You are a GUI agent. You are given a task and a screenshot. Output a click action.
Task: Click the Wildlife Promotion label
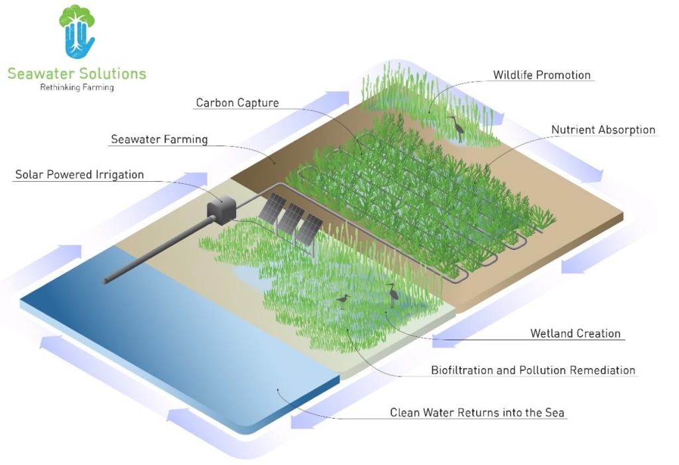[x=541, y=75]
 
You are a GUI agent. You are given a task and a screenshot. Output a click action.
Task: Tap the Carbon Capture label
[x=237, y=103]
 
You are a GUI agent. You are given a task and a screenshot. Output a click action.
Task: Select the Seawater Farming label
[x=159, y=139]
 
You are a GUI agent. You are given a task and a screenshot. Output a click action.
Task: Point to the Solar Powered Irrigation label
[x=80, y=175]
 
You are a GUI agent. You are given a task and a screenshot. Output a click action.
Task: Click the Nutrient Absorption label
[x=603, y=130]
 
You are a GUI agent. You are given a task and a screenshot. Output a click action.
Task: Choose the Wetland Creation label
[x=576, y=334]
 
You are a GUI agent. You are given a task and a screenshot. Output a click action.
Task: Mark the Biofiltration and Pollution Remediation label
[x=533, y=370]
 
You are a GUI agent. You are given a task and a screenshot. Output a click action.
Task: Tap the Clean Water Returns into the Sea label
[x=477, y=413]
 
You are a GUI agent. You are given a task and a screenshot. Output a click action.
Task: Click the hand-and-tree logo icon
[x=77, y=32]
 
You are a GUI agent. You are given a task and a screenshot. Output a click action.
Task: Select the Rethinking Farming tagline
[x=77, y=88]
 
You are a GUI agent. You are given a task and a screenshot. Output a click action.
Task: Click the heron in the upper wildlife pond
[x=456, y=127]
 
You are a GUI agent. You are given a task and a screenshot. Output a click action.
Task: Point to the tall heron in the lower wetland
[x=393, y=294]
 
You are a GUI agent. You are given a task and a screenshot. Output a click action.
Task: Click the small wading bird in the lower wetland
[x=343, y=300]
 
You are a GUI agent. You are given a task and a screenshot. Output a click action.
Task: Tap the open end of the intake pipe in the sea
[x=105, y=281]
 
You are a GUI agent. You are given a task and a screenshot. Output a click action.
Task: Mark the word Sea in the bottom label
[x=554, y=413]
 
